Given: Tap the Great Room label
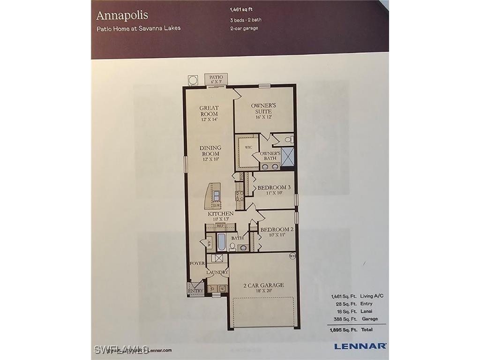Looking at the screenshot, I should point(209,111).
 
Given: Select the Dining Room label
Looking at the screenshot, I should point(210,150).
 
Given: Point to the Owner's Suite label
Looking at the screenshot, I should point(263,108).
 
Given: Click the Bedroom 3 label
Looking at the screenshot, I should point(274,187).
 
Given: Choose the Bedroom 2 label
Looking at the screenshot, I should point(277,230).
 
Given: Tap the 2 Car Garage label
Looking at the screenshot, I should point(263,285).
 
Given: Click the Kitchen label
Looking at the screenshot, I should point(221,214).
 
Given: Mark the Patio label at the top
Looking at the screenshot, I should point(216,77).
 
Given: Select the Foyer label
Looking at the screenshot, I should point(197,263).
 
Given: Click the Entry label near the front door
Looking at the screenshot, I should point(195,291).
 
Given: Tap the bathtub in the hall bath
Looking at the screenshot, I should point(221,242).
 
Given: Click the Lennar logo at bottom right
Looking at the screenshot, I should point(360,346).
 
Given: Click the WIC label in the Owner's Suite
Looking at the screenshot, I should point(248,147).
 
